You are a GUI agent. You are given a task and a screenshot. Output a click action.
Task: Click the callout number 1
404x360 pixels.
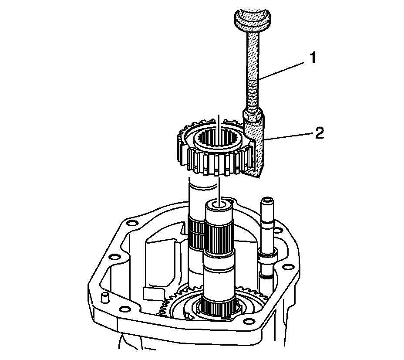point(313,58)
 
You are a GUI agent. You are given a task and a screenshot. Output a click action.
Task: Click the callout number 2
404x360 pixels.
point(320,133)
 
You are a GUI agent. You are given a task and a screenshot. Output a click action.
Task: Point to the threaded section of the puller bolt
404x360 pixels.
point(253,93)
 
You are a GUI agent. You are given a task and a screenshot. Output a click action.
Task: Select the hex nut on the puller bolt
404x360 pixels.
point(252,115)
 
